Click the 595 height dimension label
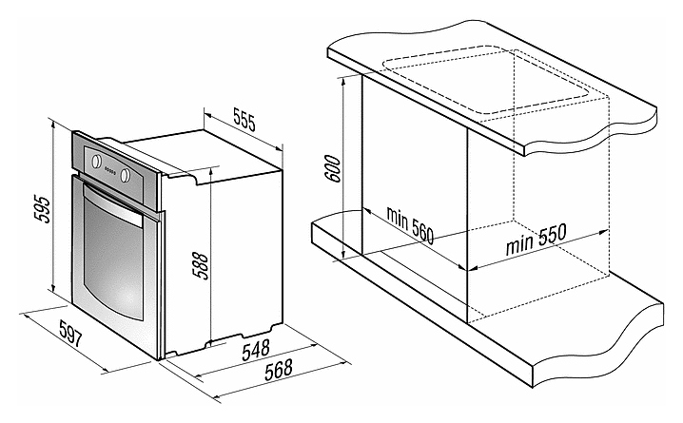(x=42, y=209)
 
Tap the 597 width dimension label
(x=70, y=334)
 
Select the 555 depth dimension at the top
(x=244, y=119)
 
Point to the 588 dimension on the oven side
(x=201, y=265)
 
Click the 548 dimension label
(x=256, y=350)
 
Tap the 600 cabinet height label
(x=333, y=168)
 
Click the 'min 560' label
(x=410, y=225)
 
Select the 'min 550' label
(x=537, y=239)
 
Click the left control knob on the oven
(x=96, y=161)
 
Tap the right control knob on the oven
(x=126, y=175)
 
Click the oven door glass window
(x=113, y=258)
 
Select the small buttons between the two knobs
(x=110, y=170)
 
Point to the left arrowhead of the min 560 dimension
(x=367, y=212)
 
